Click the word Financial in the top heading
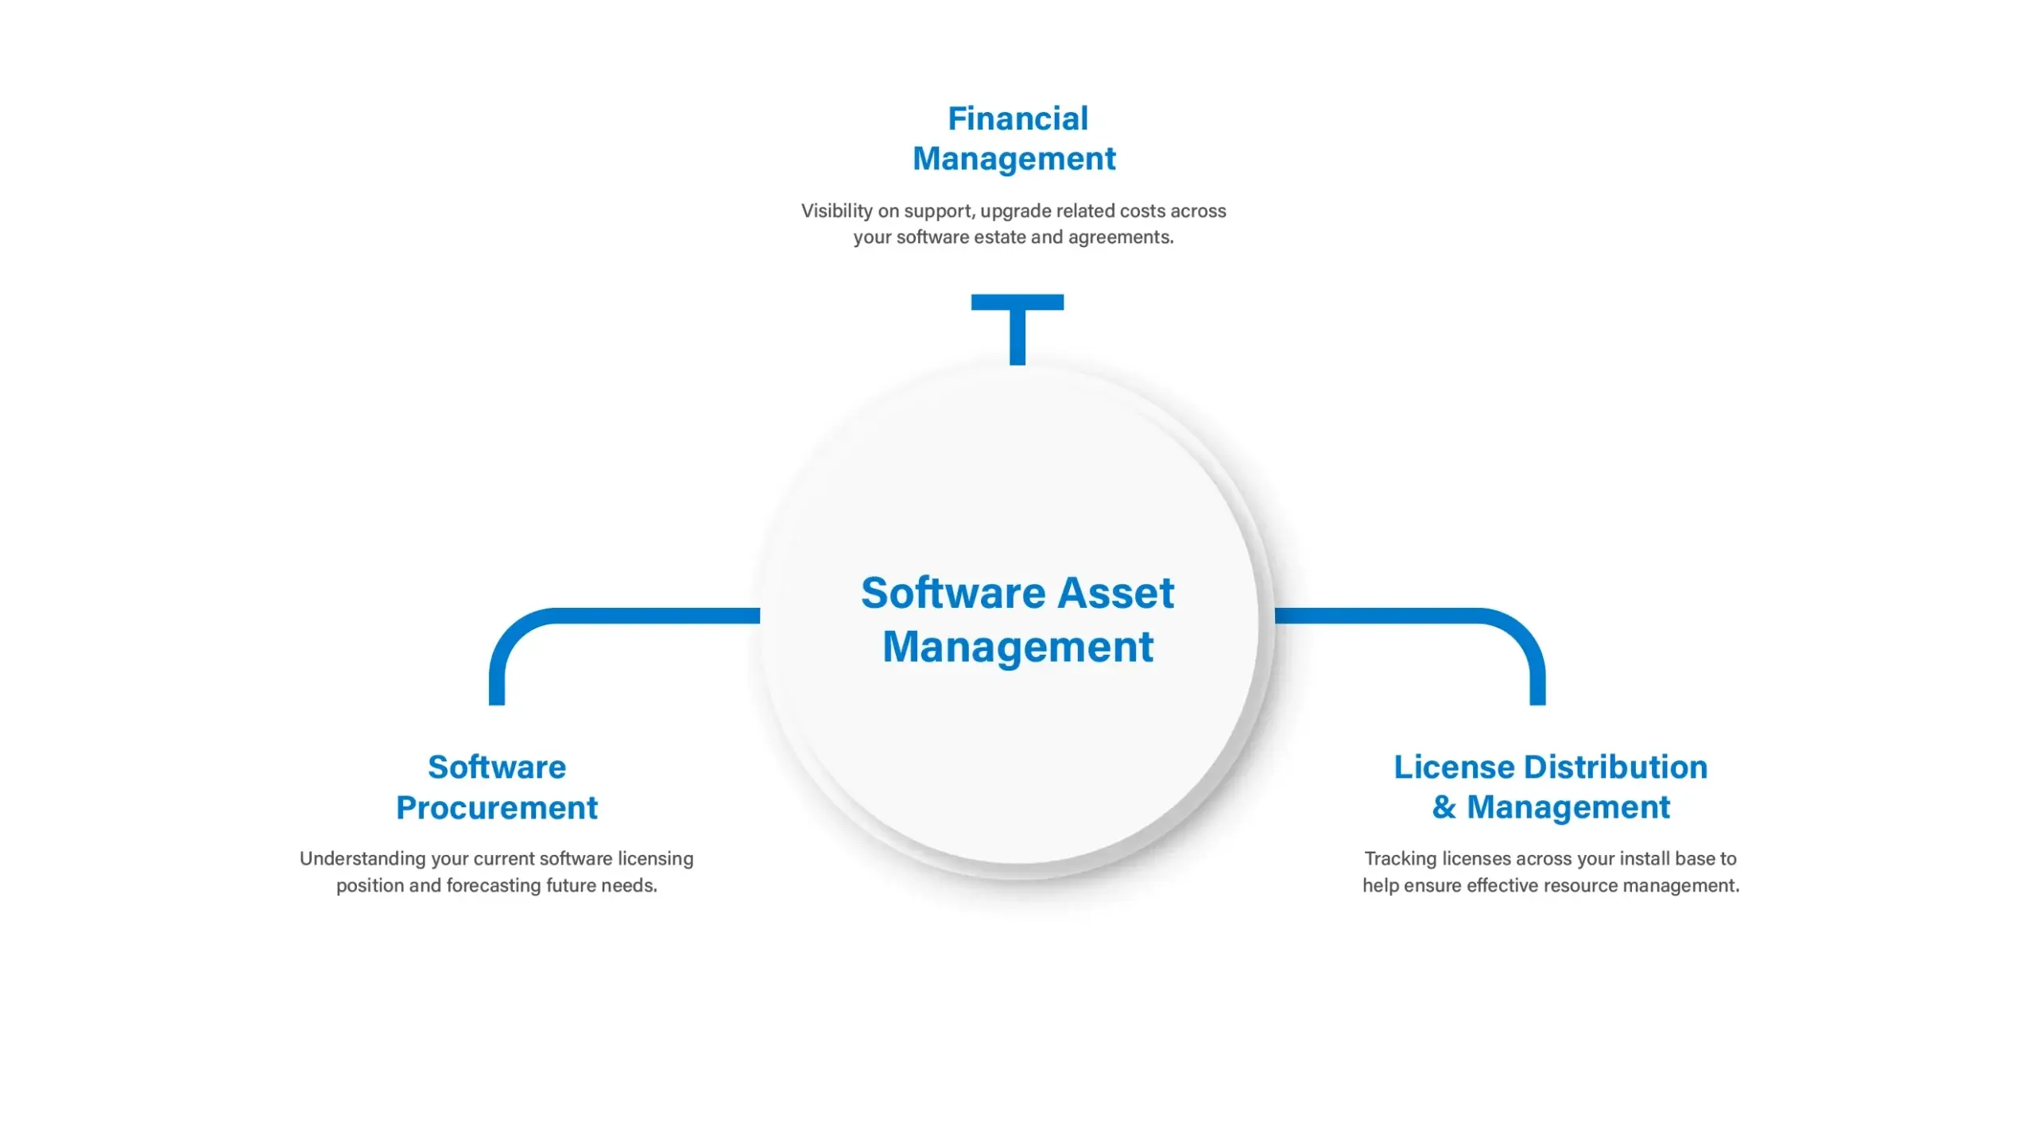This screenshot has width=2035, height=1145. click(x=1017, y=119)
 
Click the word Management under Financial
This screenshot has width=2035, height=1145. click(x=1014, y=160)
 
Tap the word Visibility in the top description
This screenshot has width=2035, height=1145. click(x=837, y=211)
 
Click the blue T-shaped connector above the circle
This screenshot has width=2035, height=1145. click(x=1017, y=329)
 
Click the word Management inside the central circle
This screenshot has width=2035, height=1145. click(x=1017, y=647)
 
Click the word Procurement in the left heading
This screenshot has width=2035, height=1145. click(x=497, y=808)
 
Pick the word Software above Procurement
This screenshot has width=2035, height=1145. click(x=497, y=768)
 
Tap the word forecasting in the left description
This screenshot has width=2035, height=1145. click(x=494, y=886)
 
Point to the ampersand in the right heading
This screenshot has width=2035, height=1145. click(x=1444, y=807)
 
